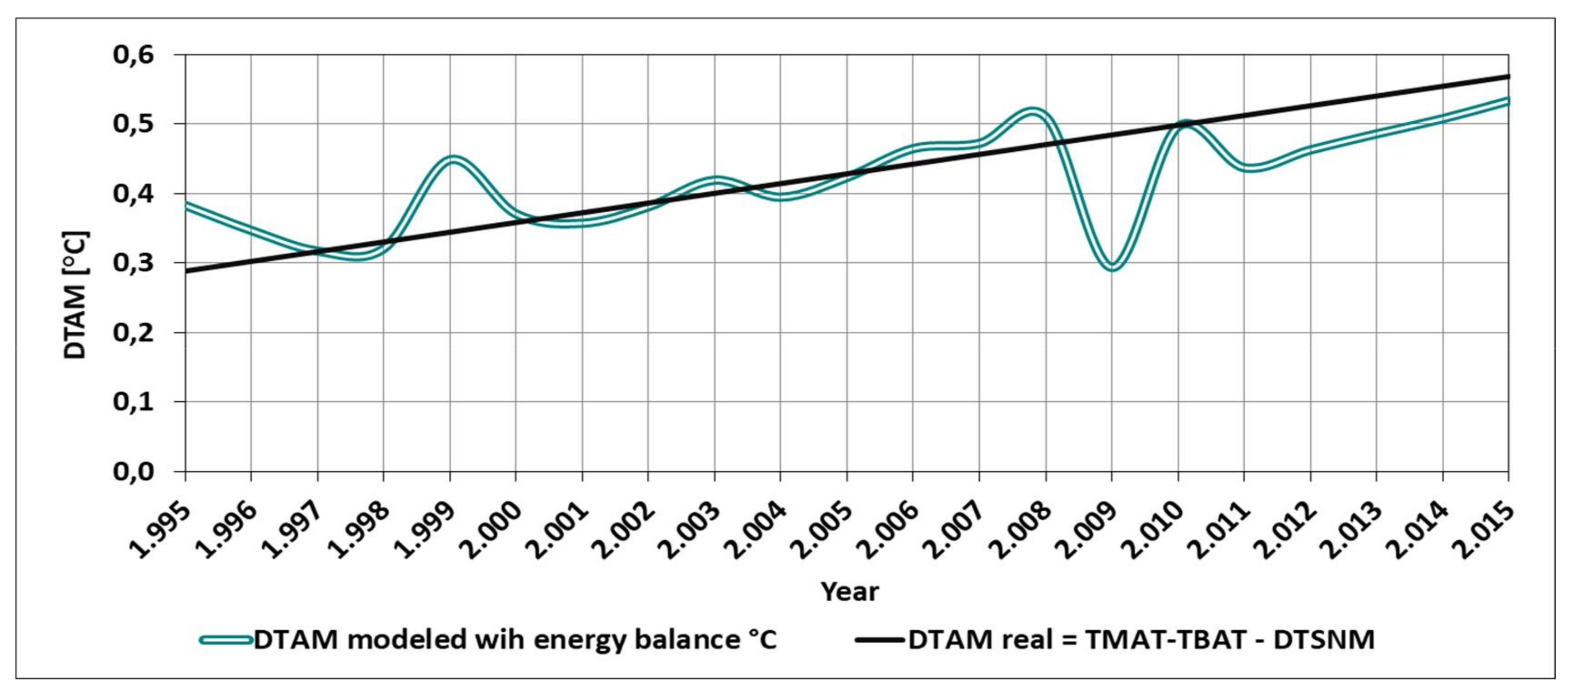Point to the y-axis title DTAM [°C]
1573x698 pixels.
coord(76,295)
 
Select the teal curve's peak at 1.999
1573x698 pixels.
coord(452,159)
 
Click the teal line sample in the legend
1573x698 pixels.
coord(226,640)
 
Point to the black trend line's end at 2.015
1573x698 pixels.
coord(1508,76)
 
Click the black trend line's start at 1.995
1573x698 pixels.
coord(186,271)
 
